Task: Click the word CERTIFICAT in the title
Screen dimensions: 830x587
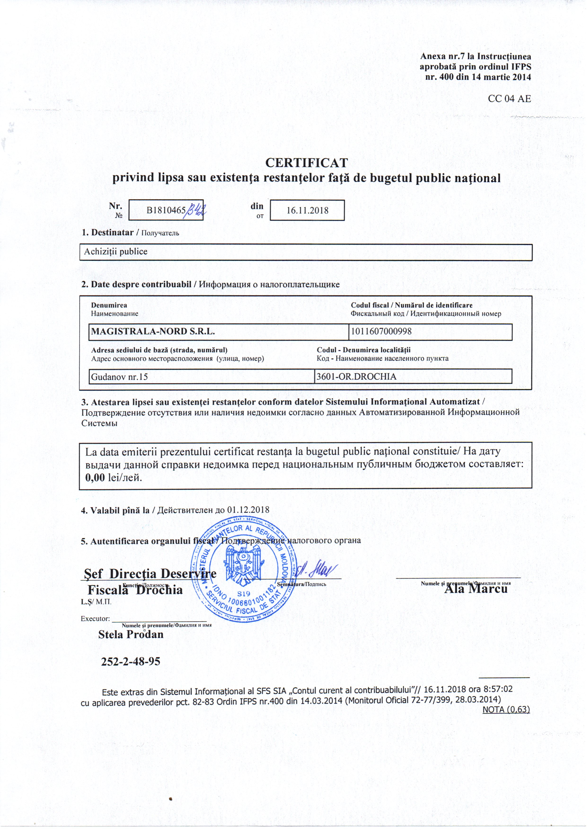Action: (x=306, y=163)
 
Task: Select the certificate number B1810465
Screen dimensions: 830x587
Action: (x=166, y=210)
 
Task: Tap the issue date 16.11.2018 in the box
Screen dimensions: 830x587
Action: (x=307, y=210)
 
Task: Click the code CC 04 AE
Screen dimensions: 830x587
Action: (x=509, y=98)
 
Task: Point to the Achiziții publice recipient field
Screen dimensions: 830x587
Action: (x=116, y=252)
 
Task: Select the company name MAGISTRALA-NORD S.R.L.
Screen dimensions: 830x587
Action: (x=153, y=331)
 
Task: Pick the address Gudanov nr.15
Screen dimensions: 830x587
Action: (x=119, y=377)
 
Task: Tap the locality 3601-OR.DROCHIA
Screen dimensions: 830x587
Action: (x=357, y=377)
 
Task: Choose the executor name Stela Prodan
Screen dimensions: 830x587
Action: (x=131, y=634)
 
